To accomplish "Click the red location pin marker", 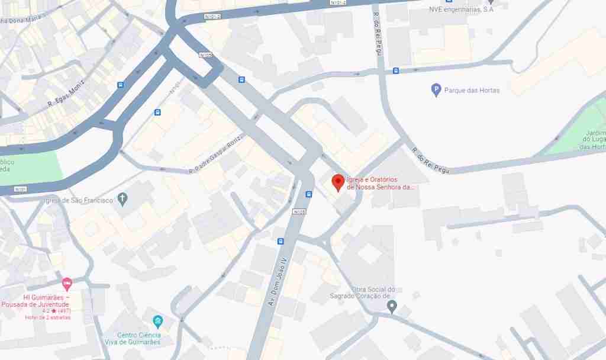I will point(338,182).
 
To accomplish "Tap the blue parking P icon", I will point(436,90).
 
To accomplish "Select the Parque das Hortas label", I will point(472,91).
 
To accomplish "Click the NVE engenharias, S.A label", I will point(461,9).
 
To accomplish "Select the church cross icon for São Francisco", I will point(123,198).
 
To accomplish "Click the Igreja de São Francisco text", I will point(79,200).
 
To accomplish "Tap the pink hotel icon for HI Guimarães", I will point(67,284).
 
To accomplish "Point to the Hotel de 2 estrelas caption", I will point(47,317).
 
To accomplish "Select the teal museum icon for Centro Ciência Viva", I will point(157,322).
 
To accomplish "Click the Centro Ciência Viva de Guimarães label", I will point(138,339).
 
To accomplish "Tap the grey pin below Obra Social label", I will point(391,306).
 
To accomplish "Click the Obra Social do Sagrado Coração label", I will point(362,292).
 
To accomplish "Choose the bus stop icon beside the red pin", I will point(309,194).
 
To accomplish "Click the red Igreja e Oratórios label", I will point(380,183).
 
